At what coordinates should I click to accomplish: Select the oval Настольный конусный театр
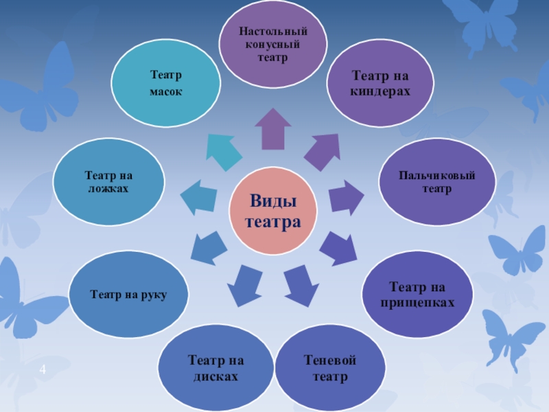tap(272, 45)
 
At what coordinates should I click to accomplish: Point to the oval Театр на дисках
tap(216, 369)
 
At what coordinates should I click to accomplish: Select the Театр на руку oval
tap(128, 295)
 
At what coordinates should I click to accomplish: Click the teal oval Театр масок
tap(166, 82)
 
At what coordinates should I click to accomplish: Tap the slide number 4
tap(43, 371)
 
